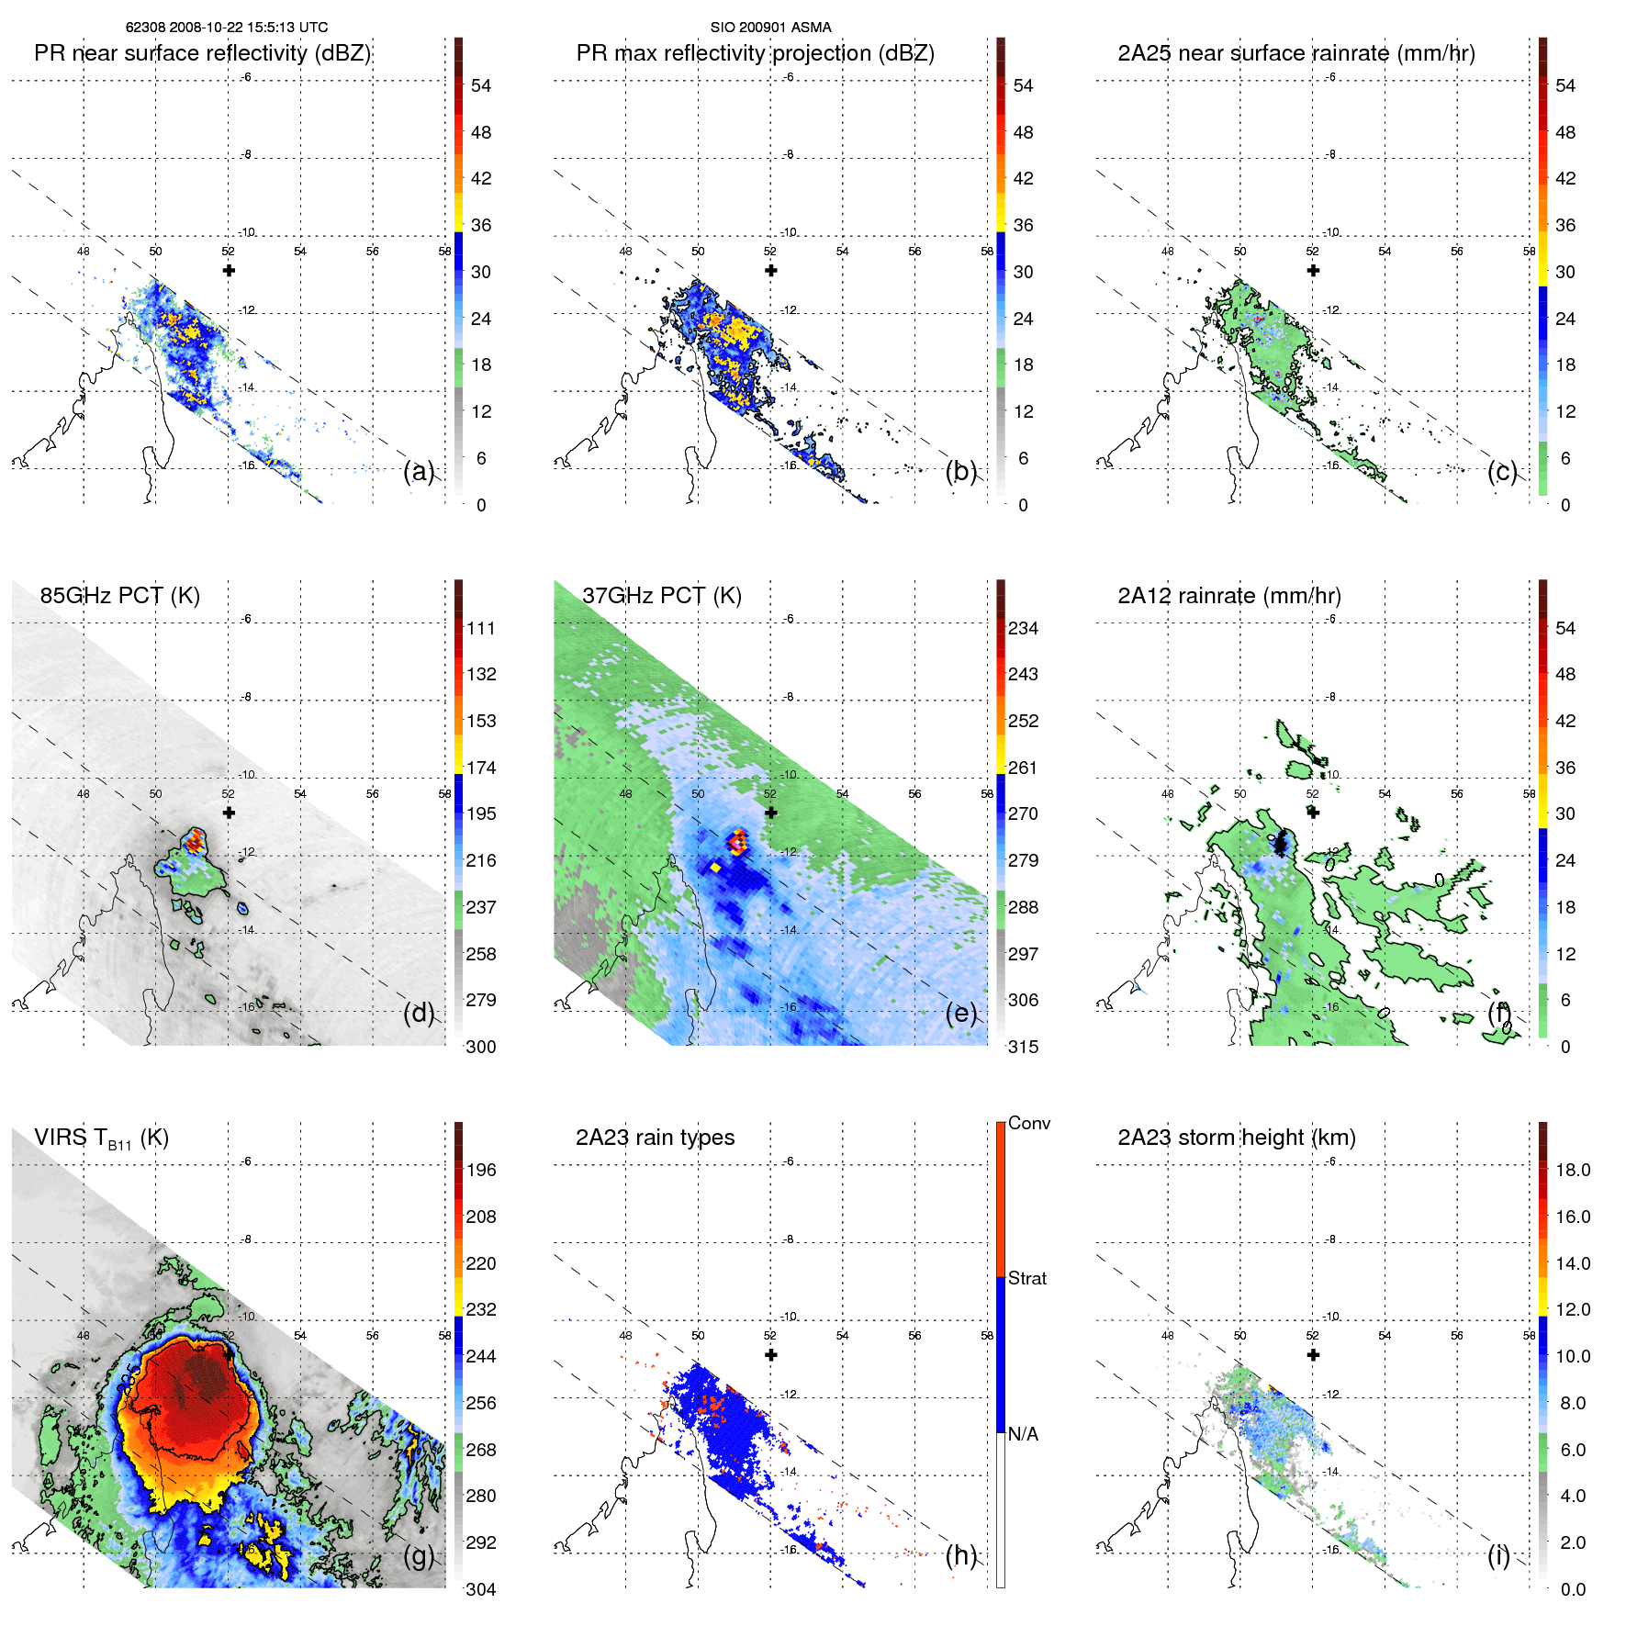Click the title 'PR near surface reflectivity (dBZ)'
(202, 53)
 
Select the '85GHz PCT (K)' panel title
(119, 595)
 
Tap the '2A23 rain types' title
(655, 1138)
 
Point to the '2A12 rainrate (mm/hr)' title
(1228, 595)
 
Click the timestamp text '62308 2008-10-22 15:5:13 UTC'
(227, 28)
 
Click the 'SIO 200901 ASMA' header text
(770, 28)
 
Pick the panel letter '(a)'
(419, 471)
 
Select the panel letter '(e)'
(961, 1013)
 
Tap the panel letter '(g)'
(419, 1555)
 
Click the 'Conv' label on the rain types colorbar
(1028, 1123)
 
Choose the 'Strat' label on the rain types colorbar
(1026, 1278)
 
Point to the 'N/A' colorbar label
(1023, 1434)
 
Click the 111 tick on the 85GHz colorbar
(480, 628)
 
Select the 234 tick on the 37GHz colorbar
(1023, 628)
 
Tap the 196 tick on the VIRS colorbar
(480, 1170)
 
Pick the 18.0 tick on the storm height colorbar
(1572, 1170)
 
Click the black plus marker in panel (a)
(229, 270)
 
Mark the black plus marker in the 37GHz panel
(771, 813)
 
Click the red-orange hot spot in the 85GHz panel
(194, 840)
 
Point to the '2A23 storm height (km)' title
(1236, 1138)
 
